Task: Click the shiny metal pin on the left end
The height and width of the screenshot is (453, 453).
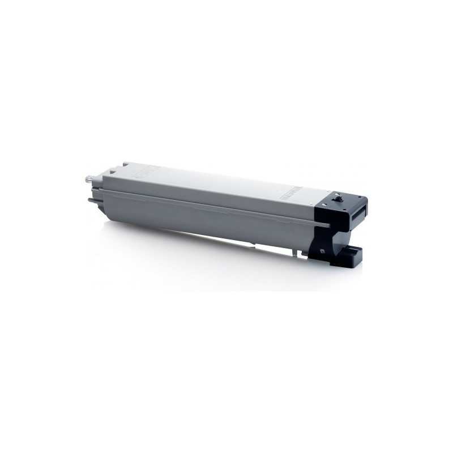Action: (x=87, y=180)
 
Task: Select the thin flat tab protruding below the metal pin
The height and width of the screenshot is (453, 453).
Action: (x=91, y=199)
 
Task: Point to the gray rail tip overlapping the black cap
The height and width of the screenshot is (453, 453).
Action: (x=324, y=225)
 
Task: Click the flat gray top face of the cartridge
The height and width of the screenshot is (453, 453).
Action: (x=215, y=181)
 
